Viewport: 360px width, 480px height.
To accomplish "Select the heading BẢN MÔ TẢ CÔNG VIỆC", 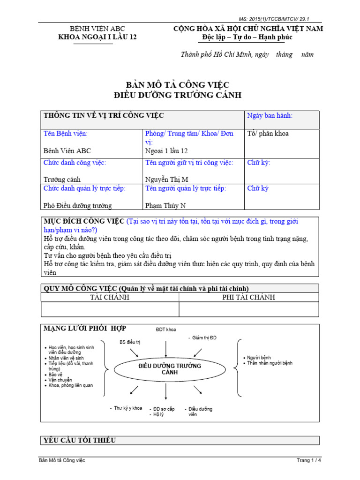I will [x=178, y=85].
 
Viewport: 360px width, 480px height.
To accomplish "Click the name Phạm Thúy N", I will [x=165, y=205].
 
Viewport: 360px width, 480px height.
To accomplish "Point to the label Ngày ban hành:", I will [x=270, y=116].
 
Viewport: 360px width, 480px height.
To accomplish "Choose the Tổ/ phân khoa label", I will [x=268, y=134].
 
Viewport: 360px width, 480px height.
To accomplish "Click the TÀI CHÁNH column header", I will [x=110, y=297].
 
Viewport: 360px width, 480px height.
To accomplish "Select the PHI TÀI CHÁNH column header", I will [x=248, y=297].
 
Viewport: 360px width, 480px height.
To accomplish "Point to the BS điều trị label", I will [x=130, y=342].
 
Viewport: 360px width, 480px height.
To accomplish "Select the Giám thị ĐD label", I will [x=204, y=337].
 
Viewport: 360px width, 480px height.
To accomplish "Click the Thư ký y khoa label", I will [x=127, y=408].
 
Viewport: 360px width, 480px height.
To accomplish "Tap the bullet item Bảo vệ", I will [x=55, y=375].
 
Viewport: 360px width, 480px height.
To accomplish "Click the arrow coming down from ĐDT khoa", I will [x=166, y=346].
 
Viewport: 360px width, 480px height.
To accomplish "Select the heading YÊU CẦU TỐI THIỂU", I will [x=80, y=440].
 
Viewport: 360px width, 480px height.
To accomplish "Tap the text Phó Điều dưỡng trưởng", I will [x=78, y=205].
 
